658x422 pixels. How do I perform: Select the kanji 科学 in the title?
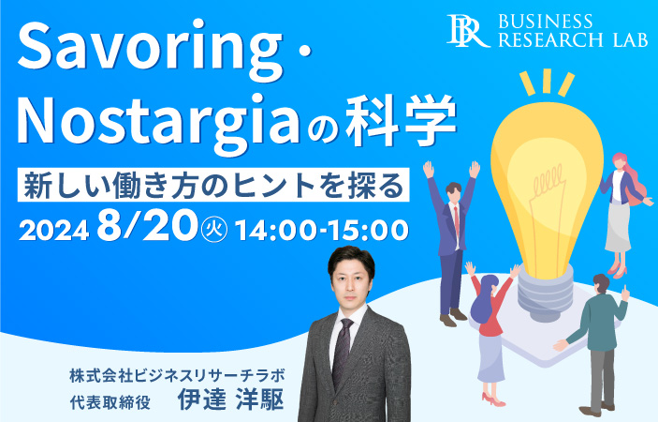[x=402, y=121]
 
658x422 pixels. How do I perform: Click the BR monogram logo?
[x=467, y=30]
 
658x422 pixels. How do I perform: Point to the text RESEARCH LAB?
[x=573, y=39]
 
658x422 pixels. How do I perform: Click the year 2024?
[x=54, y=231]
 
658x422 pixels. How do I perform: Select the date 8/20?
[x=147, y=226]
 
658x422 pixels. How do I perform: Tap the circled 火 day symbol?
[x=214, y=231]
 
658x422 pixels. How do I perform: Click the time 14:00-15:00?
[x=321, y=231]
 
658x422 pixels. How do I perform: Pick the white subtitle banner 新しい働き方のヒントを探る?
[x=213, y=185]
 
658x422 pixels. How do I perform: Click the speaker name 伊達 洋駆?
[x=231, y=399]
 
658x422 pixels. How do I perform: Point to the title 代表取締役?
[x=110, y=402]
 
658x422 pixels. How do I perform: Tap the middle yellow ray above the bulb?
[x=547, y=81]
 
